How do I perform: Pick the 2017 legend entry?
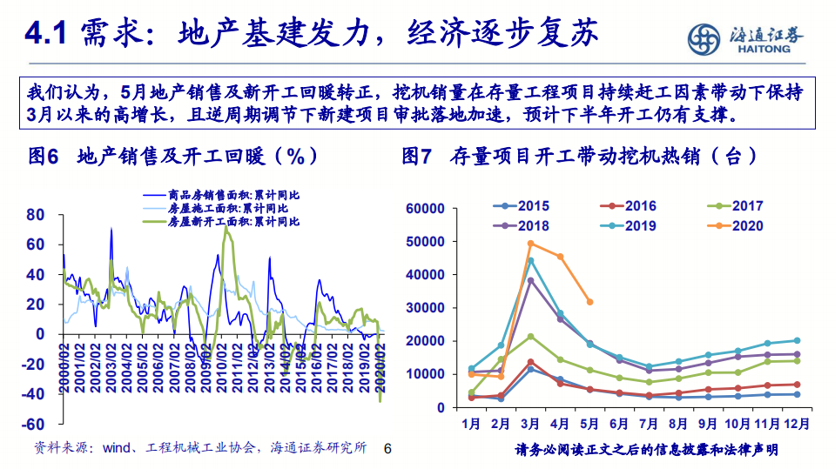coord(737,206)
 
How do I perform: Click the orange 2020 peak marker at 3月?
coord(530,244)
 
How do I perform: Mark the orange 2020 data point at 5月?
coord(589,302)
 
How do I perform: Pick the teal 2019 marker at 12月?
coord(797,341)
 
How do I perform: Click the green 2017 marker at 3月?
coord(530,336)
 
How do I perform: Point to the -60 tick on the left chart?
coord(35,425)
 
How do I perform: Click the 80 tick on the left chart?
coord(35,214)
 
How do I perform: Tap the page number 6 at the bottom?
coord(388,449)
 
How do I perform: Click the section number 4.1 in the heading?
coord(45,35)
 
